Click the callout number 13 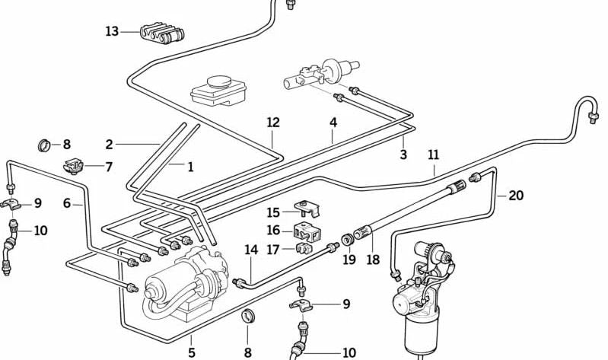pyautogui.click(x=112, y=31)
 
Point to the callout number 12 pyautogui.click(x=273, y=123)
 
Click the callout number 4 pyautogui.click(x=333, y=122)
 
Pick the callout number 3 pyautogui.click(x=403, y=155)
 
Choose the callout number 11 pyautogui.click(x=434, y=155)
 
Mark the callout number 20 pyautogui.click(x=516, y=196)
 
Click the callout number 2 pyautogui.click(x=110, y=144)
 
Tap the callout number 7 pyautogui.click(x=109, y=167)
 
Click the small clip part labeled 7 pyautogui.click(x=75, y=164)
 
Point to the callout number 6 pyautogui.click(x=67, y=203)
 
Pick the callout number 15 pyautogui.click(x=273, y=212)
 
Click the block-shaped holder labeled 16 pyautogui.click(x=306, y=229)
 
